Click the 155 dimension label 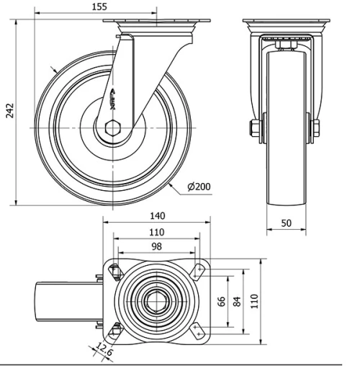pyautogui.click(x=99, y=6)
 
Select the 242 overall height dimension pyautogui.click(x=9, y=110)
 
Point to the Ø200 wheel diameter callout pyautogui.click(x=199, y=187)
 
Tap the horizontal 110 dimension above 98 pyautogui.click(x=156, y=232)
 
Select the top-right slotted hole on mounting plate pyautogui.click(x=199, y=271)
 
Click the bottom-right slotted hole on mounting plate pyautogui.click(x=199, y=331)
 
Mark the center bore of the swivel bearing pyautogui.click(x=157, y=301)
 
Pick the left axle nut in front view pyautogui.click(x=256, y=129)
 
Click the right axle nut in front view pyautogui.click(x=315, y=129)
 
